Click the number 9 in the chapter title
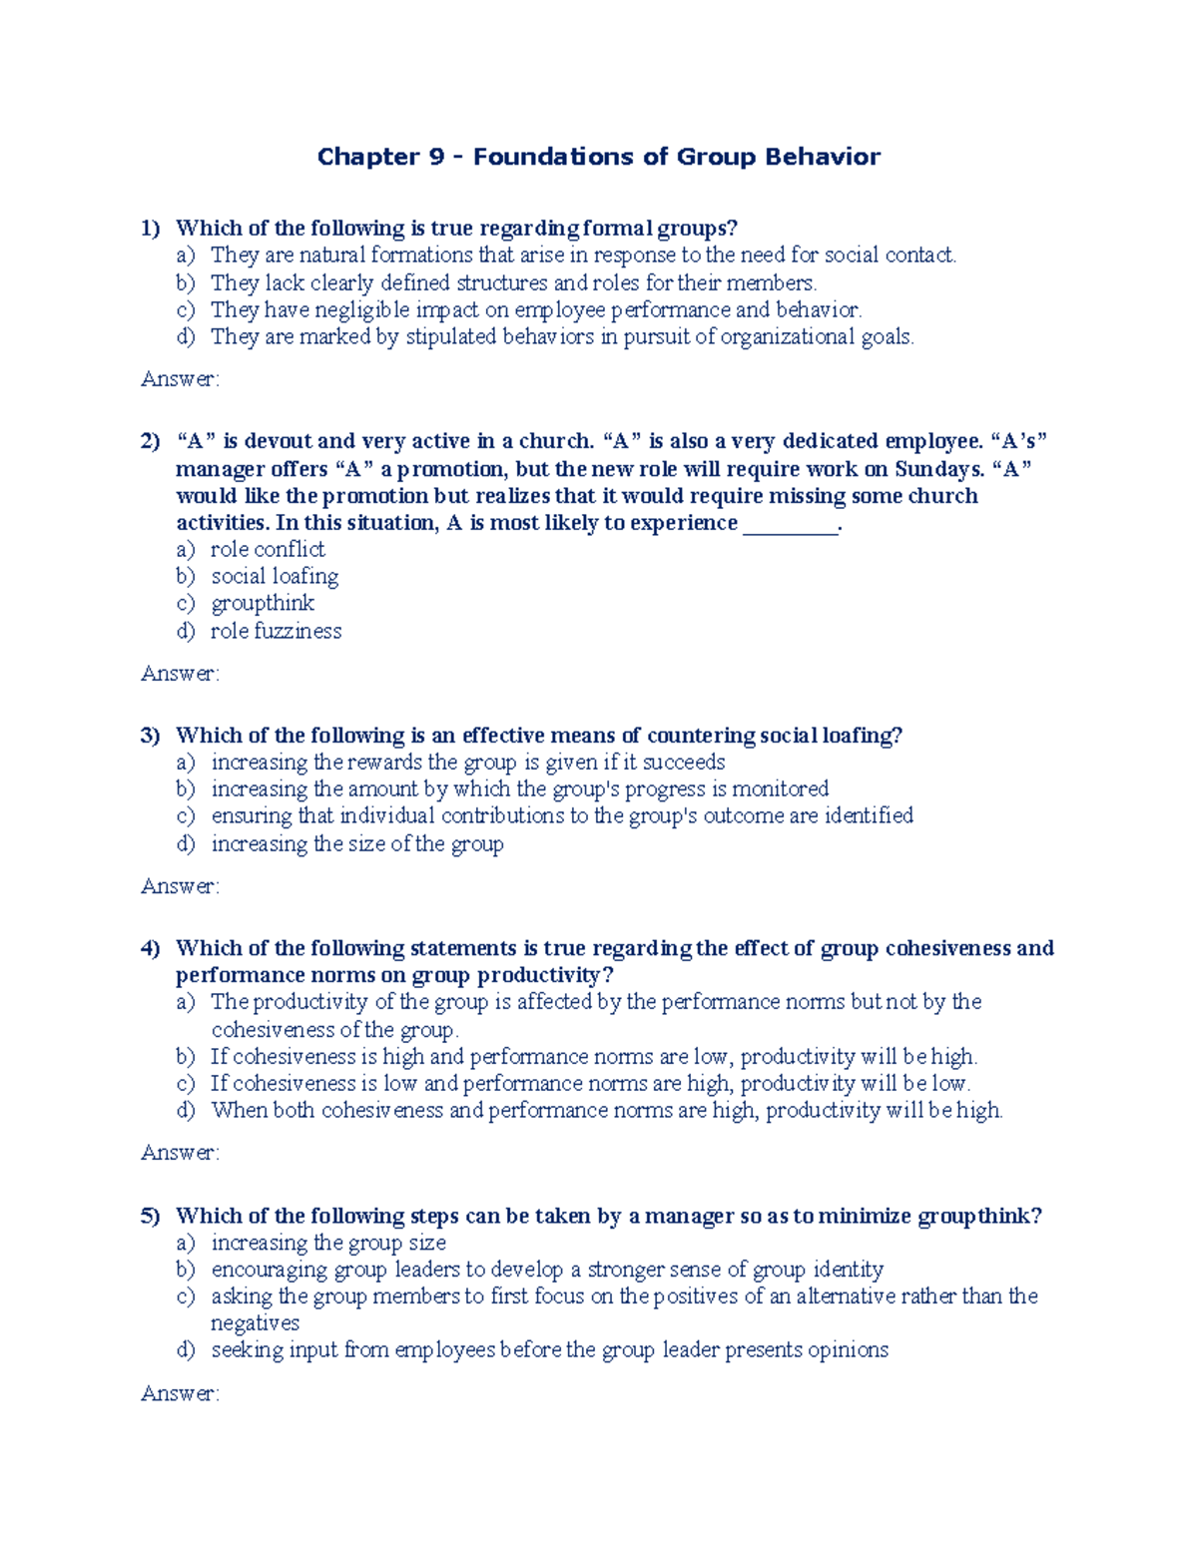[x=434, y=157]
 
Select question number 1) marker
[x=150, y=229]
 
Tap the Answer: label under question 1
[x=180, y=379]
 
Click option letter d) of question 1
[x=186, y=337]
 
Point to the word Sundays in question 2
[x=937, y=469]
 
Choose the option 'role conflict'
[x=268, y=550]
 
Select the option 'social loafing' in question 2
[x=275, y=577]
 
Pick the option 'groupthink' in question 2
[x=263, y=604]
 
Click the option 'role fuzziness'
[x=276, y=631]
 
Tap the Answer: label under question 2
[x=180, y=674]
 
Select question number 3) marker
[x=150, y=736]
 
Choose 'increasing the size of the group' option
[x=356, y=844]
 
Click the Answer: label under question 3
[x=180, y=886]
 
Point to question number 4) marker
[x=150, y=948]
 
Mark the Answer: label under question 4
[x=180, y=1153]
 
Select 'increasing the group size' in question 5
[x=328, y=1243]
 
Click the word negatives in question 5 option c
[x=255, y=1323]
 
